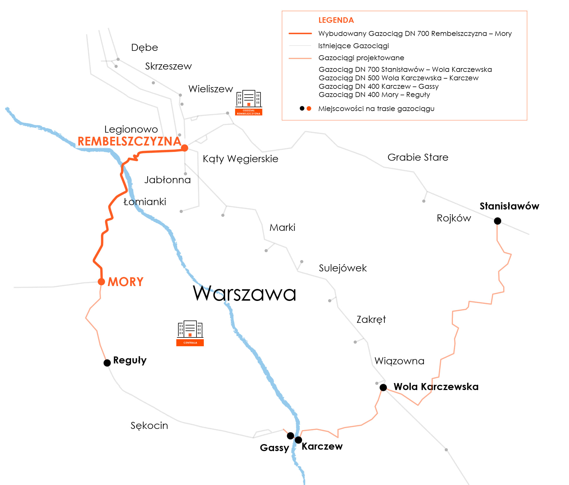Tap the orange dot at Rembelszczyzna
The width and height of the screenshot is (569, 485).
(x=185, y=148)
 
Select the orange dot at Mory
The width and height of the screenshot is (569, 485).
(x=101, y=282)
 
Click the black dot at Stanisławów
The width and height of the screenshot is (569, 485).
(x=497, y=221)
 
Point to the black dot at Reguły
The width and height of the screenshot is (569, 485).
(x=107, y=363)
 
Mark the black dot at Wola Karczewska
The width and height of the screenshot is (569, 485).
(x=383, y=387)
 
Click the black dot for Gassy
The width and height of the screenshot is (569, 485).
(x=290, y=436)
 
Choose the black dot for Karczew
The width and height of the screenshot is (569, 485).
(x=298, y=440)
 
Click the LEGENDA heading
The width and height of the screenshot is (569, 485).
(x=336, y=20)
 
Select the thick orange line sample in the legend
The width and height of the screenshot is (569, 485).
(x=300, y=34)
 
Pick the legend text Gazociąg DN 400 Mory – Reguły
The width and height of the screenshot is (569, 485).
(x=374, y=95)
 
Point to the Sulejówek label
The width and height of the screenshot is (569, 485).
(x=343, y=268)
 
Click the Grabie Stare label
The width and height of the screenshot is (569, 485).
(x=418, y=157)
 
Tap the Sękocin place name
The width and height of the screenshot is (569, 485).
(x=149, y=425)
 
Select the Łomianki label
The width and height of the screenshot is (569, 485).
(x=145, y=202)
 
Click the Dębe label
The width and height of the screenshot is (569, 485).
(x=144, y=47)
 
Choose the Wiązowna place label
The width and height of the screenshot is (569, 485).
(x=399, y=361)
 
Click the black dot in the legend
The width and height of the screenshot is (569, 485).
(x=302, y=108)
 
